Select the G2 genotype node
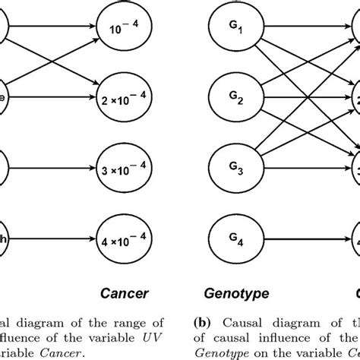238,99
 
